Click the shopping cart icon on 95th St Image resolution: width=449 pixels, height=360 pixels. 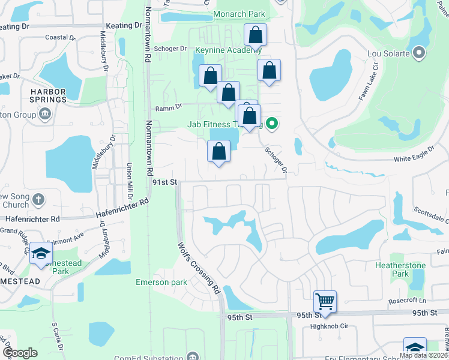pos(325,301)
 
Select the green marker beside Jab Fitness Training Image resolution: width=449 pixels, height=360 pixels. pos(272,124)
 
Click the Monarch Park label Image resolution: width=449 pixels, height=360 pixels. pos(239,14)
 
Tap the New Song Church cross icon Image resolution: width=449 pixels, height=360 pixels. pos(38,199)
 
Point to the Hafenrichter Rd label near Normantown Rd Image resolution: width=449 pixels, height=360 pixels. pos(122,211)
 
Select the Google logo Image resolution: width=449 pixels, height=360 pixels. pos(20,353)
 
